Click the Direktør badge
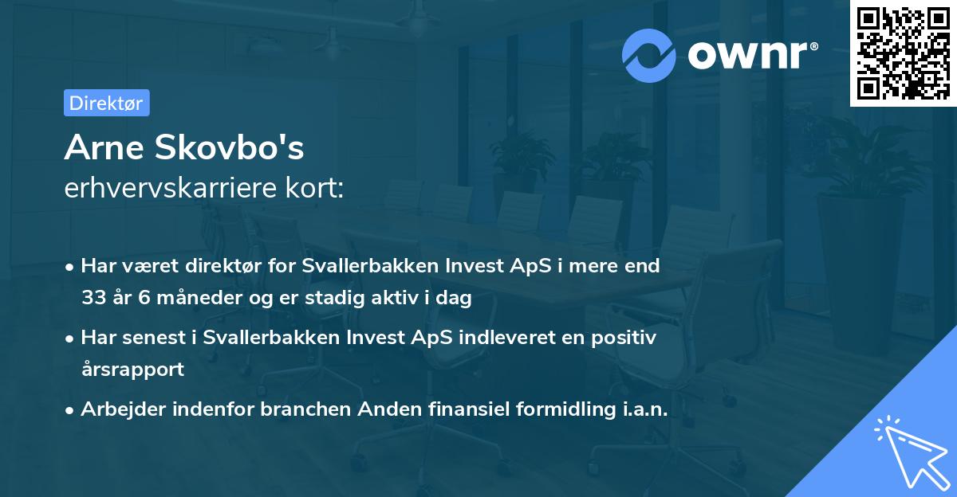coord(106,103)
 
